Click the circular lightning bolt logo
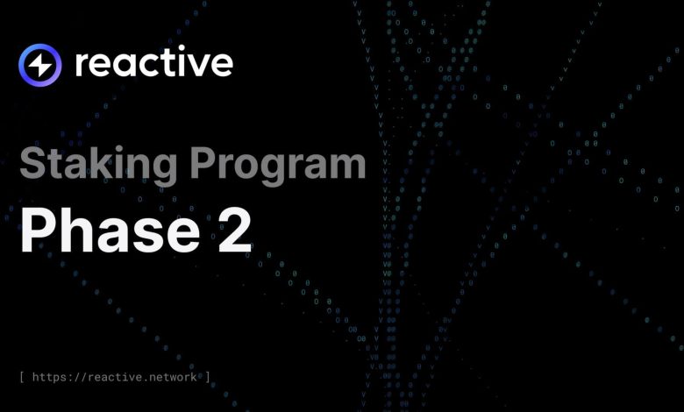(x=40, y=65)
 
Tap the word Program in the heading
(x=278, y=165)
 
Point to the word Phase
(x=110, y=230)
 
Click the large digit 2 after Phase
(x=235, y=230)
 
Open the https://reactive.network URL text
(x=114, y=377)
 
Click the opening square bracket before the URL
(x=22, y=377)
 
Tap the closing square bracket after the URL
(x=208, y=377)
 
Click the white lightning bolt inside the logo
(x=40, y=66)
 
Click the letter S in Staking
(x=32, y=162)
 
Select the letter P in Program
(x=202, y=163)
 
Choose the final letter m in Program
(x=346, y=166)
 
